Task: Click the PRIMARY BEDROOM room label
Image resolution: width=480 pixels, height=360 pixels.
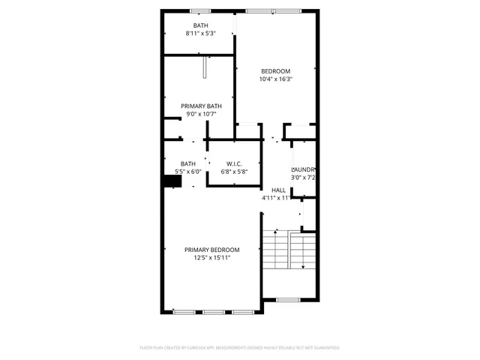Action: (212, 250)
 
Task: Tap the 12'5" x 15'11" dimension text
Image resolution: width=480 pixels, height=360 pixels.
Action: (212, 258)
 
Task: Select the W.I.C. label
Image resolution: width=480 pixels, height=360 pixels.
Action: (234, 163)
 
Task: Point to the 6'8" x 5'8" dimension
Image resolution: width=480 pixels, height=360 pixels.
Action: (234, 172)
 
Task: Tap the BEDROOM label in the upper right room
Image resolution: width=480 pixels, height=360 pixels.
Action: (275, 70)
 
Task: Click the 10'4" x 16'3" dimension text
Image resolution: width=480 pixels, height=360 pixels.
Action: (275, 79)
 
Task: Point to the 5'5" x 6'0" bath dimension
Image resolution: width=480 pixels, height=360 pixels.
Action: (188, 172)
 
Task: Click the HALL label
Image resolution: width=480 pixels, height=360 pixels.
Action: (279, 190)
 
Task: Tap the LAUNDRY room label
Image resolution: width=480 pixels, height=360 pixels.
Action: (303, 169)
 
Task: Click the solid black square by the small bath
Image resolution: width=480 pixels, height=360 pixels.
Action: (169, 181)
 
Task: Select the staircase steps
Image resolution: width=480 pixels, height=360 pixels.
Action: (275, 251)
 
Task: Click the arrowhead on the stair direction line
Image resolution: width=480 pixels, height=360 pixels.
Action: (302, 267)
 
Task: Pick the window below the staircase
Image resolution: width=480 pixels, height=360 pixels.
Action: (288, 300)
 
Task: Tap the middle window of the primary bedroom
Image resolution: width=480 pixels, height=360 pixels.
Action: (214, 311)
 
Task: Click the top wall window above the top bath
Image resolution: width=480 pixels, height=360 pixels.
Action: (199, 10)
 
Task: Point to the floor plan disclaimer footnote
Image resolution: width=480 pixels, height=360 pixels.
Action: (240, 348)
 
